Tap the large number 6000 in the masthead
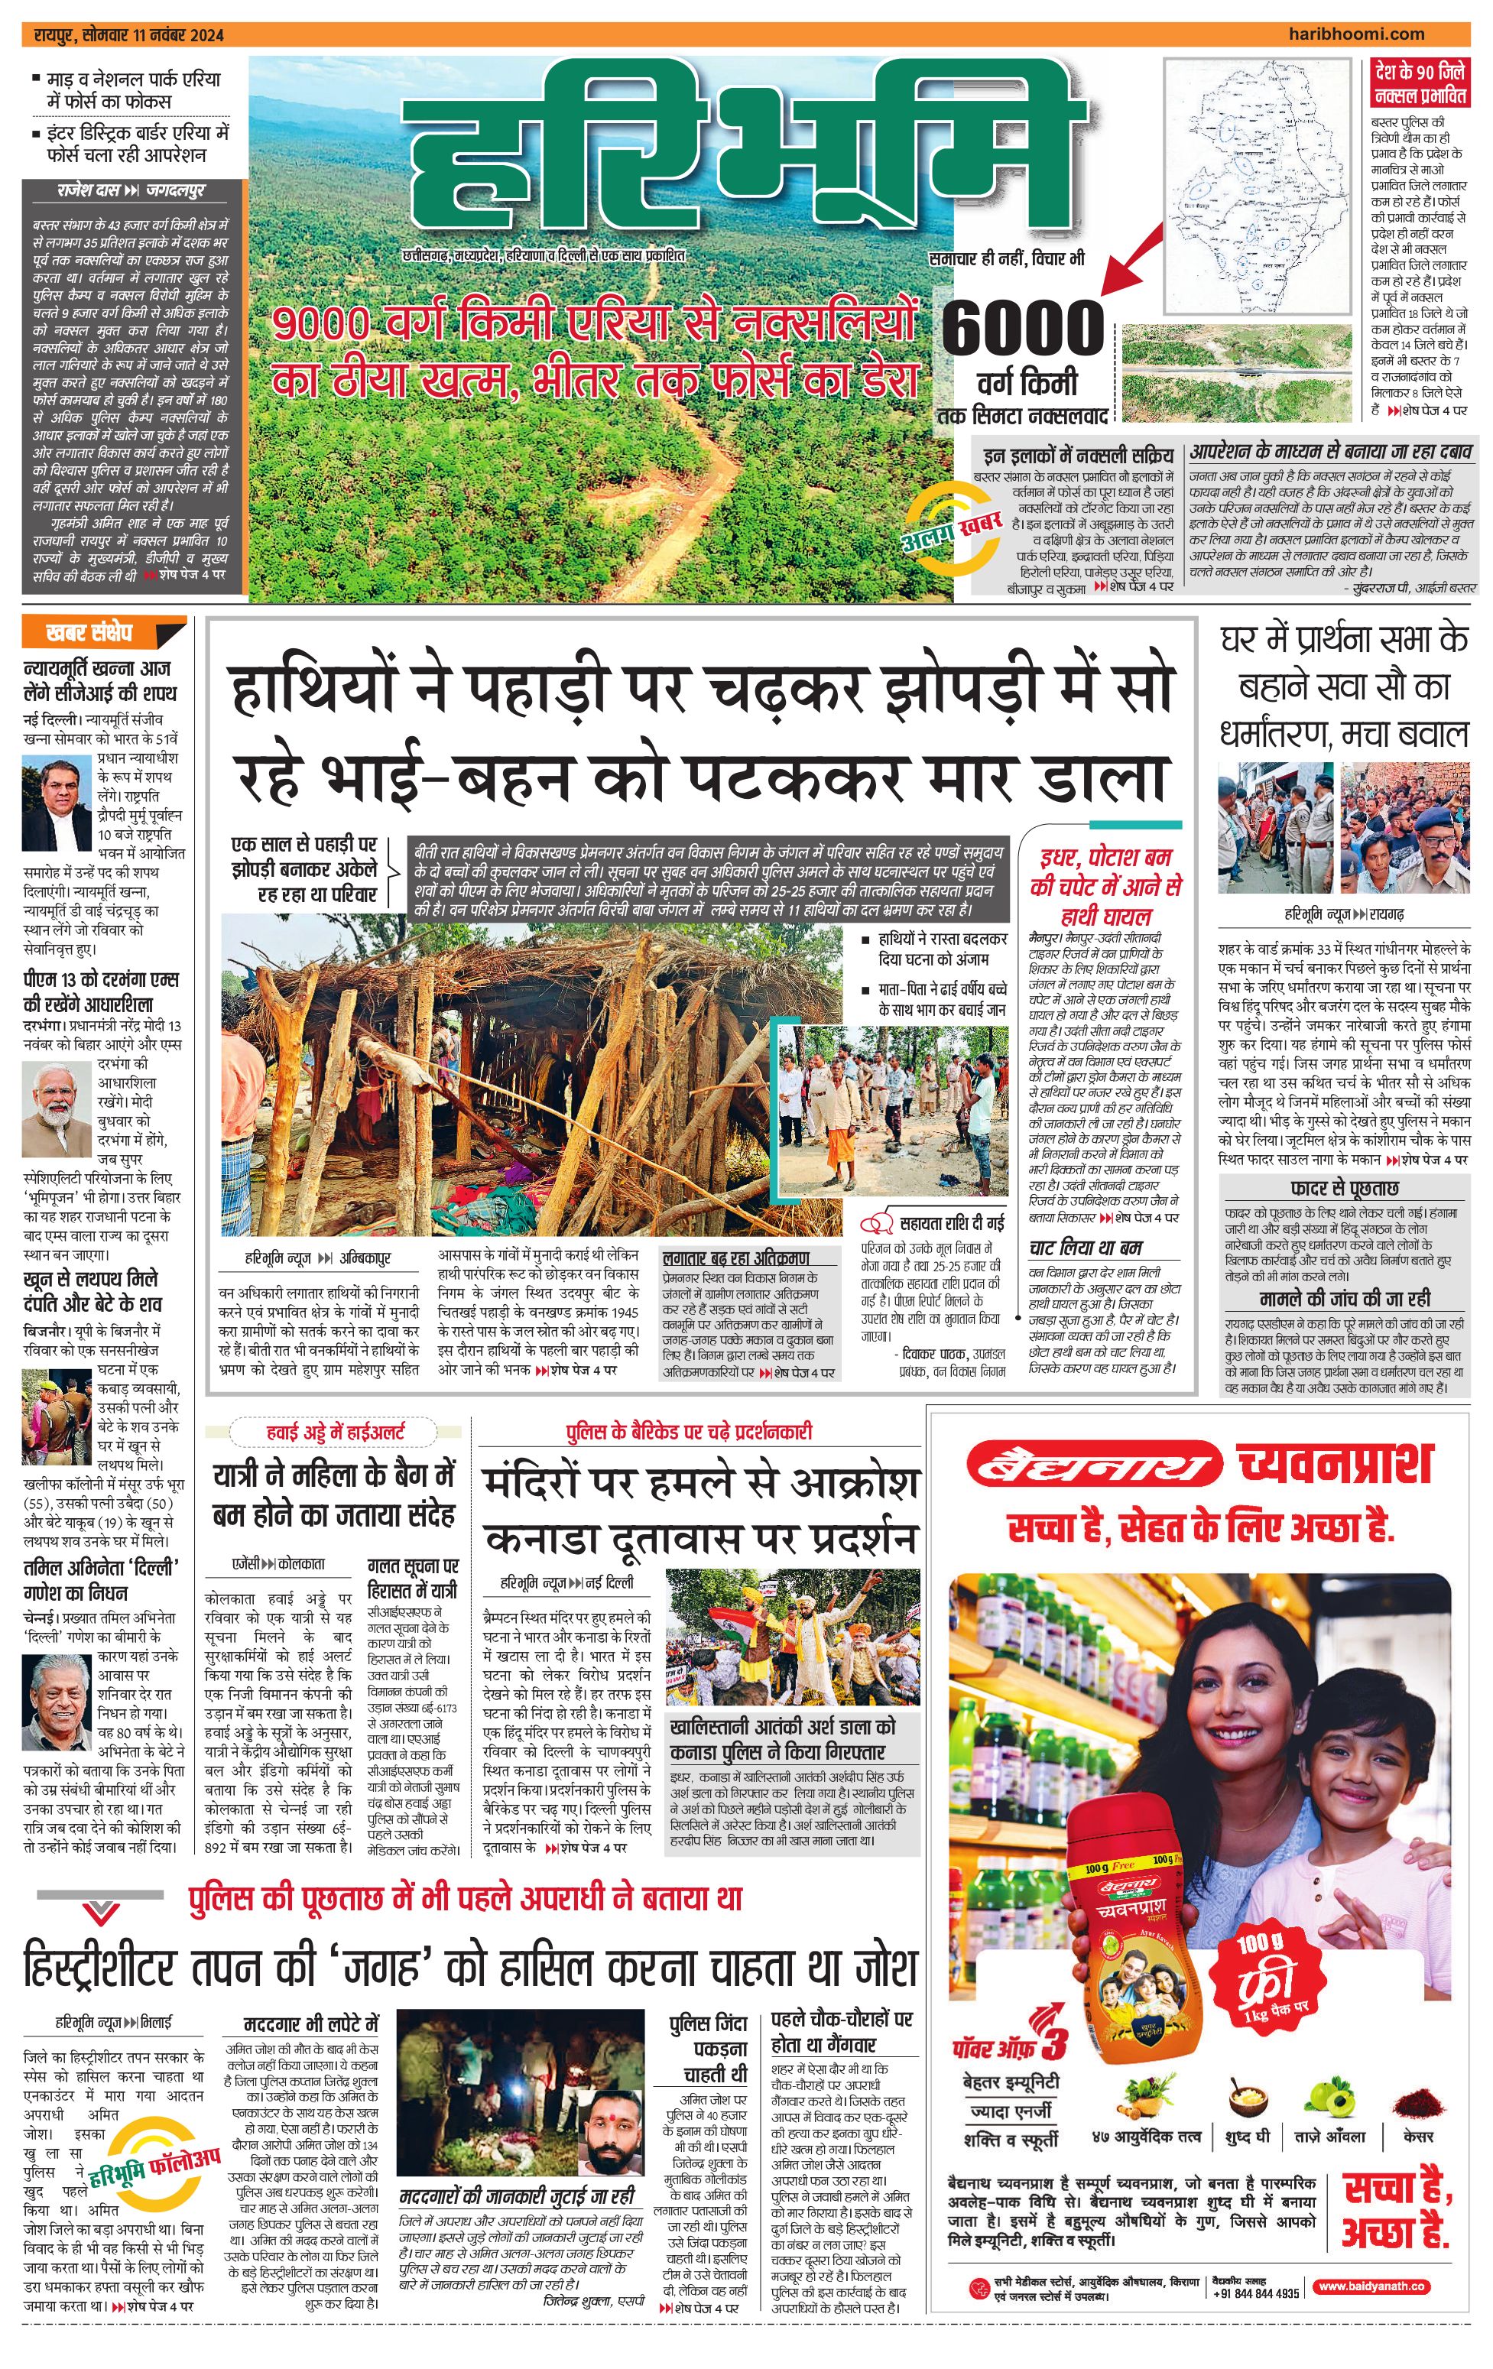click(x=1023, y=328)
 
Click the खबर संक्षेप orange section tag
click(x=90, y=631)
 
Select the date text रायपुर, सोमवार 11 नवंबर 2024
click(x=128, y=34)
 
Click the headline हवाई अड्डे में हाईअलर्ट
click(x=336, y=1433)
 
